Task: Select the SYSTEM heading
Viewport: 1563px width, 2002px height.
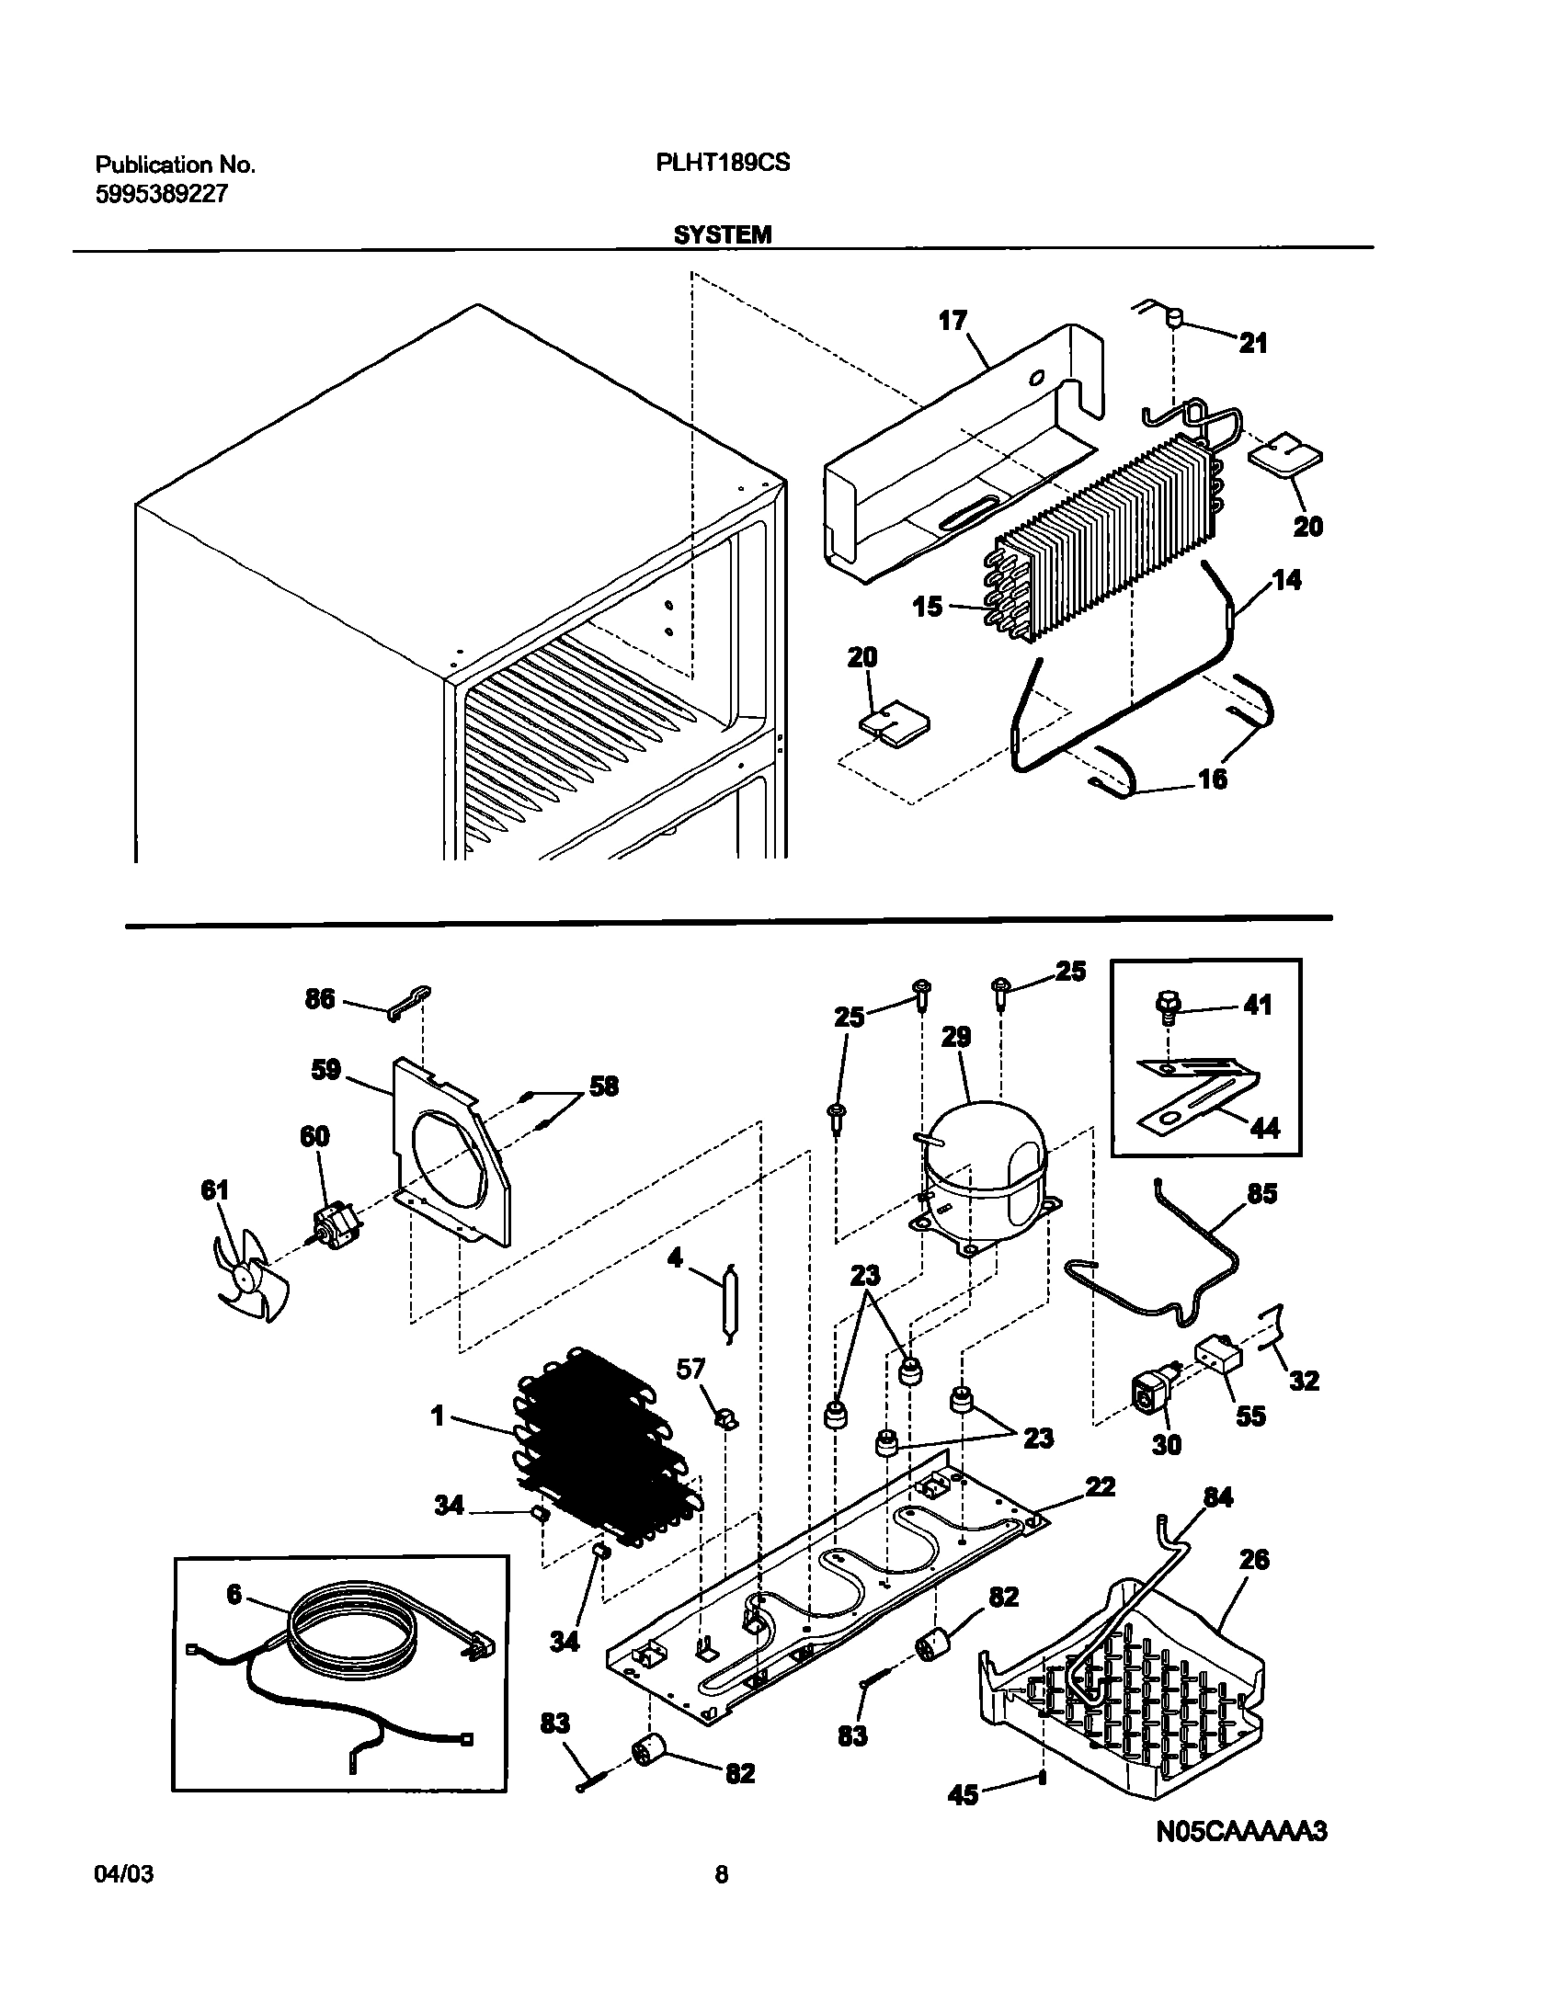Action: click(722, 234)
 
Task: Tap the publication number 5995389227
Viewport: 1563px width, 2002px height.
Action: click(161, 194)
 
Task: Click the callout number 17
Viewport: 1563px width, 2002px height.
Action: click(953, 321)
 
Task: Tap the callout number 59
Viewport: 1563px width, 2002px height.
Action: click(325, 1070)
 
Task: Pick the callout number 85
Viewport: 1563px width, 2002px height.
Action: click(1262, 1194)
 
